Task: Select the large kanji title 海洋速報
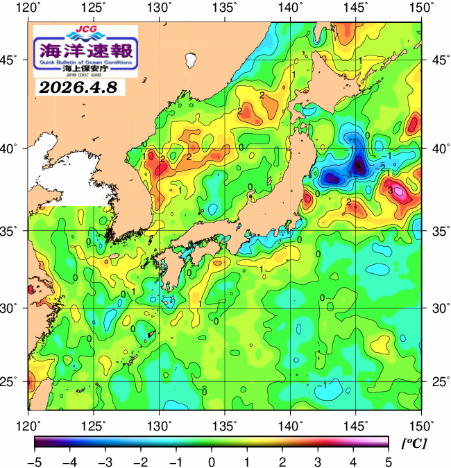(85, 50)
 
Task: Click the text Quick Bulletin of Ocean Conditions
(85, 63)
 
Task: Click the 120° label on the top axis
(29, 8)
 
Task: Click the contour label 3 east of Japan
(391, 190)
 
